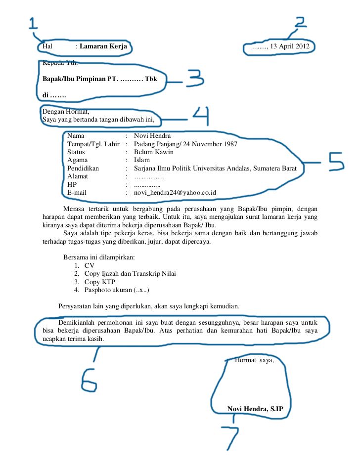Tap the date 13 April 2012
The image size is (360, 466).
288,47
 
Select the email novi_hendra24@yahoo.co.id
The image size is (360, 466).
175,192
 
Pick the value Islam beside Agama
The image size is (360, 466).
141,160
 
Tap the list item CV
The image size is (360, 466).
90,265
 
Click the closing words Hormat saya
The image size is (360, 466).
254,360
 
